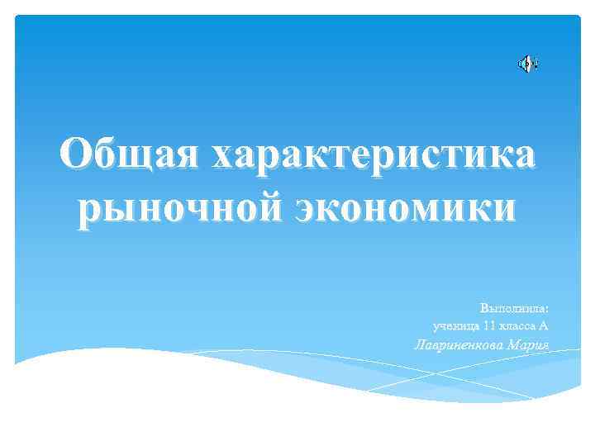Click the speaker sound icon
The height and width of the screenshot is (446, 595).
(x=527, y=64)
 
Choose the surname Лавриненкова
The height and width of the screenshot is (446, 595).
(x=459, y=344)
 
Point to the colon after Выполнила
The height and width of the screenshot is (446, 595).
(x=547, y=309)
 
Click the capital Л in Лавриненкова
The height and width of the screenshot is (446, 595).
(x=419, y=344)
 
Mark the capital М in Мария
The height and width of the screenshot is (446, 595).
(x=515, y=344)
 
